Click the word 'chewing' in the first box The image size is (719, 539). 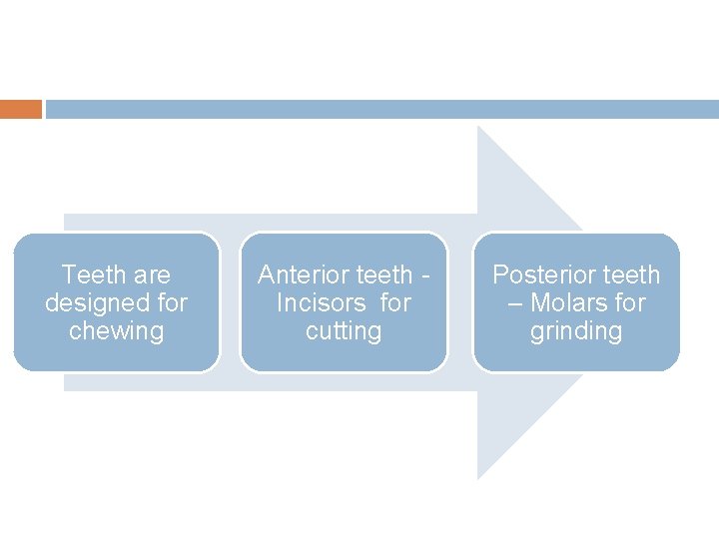click(116, 331)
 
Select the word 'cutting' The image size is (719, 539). click(344, 331)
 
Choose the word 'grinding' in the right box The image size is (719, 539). click(576, 331)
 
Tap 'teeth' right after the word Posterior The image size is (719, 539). click(630, 274)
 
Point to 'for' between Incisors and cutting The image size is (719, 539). click(395, 302)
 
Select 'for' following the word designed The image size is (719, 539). click(171, 302)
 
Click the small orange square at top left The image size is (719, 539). click(21, 109)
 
